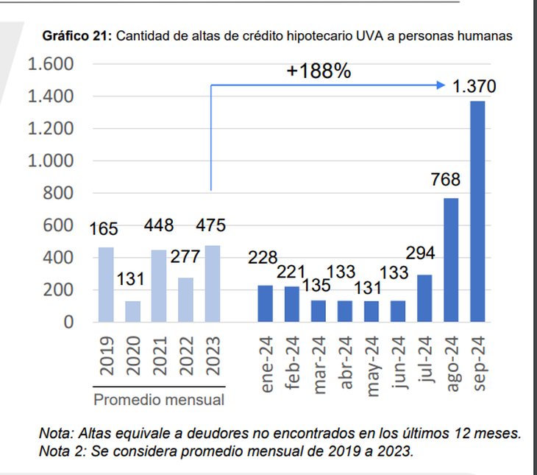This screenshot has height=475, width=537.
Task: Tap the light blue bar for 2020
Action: click(132, 312)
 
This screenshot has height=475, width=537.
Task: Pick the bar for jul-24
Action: click(424, 298)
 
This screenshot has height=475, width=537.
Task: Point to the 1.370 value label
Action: click(474, 87)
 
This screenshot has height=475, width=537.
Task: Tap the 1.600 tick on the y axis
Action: click(51, 65)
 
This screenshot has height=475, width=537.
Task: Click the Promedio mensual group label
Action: click(159, 401)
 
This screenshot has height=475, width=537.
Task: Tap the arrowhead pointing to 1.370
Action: click(441, 86)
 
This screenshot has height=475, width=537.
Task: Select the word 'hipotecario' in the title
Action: click(314, 35)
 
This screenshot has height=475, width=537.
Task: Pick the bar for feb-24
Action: click(292, 304)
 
